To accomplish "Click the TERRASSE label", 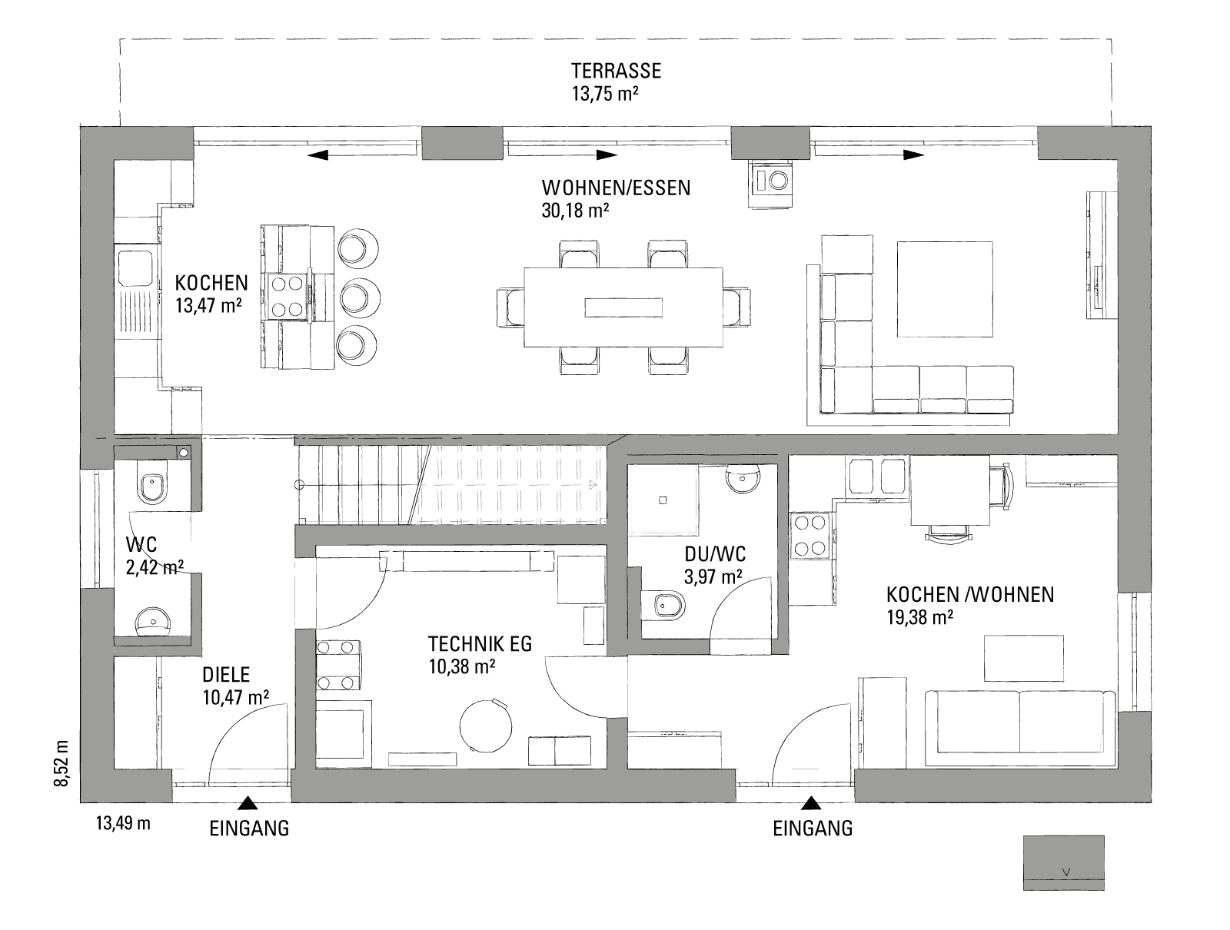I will (x=616, y=71).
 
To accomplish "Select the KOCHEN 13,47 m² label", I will (x=211, y=293).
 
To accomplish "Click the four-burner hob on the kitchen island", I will (x=286, y=296).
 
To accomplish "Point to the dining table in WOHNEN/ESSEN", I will (x=623, y=307).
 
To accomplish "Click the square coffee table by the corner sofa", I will (x=944, y=288).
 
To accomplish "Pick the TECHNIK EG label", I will (x=480, y=643).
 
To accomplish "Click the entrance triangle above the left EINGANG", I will (x=247, y=804).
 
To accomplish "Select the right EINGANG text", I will (x=813, y=829).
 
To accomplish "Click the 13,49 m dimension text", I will (x=123, y=824).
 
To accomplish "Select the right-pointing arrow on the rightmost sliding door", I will (x=913, y=154).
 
